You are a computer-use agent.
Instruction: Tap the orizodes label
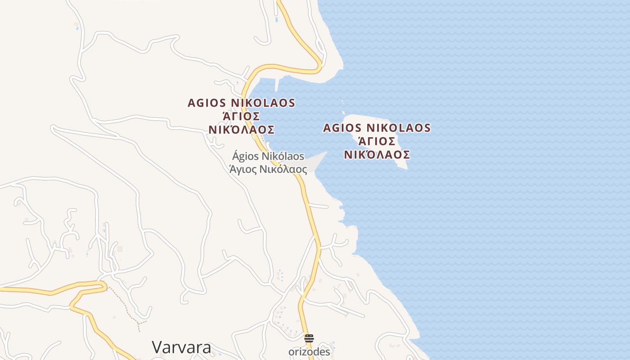click(x=309, y=352)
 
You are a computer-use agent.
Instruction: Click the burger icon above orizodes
click(x=309, y=338)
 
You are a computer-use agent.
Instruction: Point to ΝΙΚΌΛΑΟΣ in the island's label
click(x=377, y=155)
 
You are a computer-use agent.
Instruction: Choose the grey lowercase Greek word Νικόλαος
click(x=284, y=170)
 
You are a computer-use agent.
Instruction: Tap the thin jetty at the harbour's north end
click(x=277, y=84)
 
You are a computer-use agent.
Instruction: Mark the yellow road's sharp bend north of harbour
click(x=319, y=65)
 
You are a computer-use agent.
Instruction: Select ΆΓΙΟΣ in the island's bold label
click(x=377, y=141)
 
